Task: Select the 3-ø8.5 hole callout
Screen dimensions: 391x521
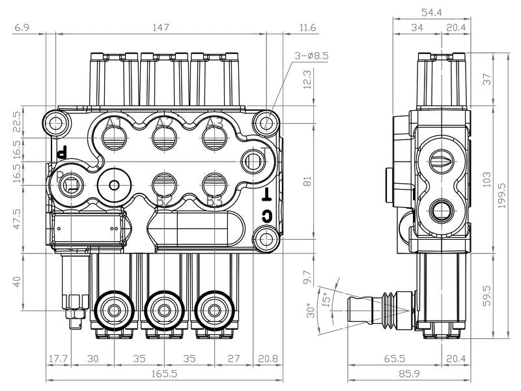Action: tap(311, 56)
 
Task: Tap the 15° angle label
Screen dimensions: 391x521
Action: tap(325, 298)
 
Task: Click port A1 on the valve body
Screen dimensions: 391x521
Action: tap(115, 137)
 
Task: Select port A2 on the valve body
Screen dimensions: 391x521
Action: tap(165, 137)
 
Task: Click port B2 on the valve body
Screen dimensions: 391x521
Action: tap(165, 183)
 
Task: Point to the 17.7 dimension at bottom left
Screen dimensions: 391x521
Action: tap(58, 359)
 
